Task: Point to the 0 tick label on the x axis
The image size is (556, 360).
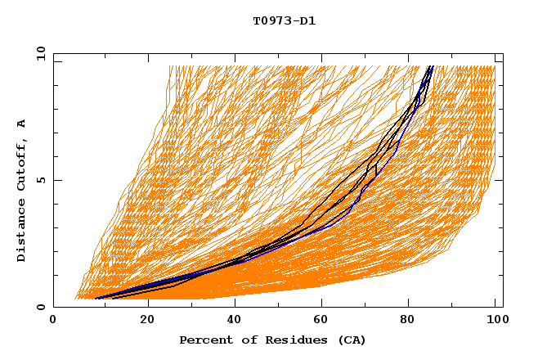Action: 53,321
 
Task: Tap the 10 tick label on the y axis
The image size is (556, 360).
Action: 38,53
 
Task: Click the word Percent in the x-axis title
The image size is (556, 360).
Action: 204,340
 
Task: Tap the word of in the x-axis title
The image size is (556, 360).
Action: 244,340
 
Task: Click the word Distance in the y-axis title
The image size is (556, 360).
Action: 22,231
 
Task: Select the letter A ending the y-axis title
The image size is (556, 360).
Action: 22,123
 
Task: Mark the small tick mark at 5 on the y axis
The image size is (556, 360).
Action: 56,180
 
